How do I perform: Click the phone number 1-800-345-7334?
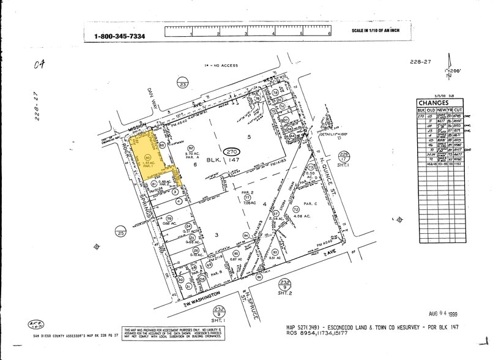coord(119,36)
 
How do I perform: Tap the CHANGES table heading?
coord(434,103)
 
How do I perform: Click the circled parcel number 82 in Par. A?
coord(190,148)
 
